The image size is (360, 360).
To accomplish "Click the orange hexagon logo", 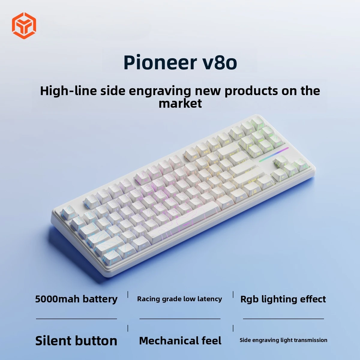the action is click(24, 25).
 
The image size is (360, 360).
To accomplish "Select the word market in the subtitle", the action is click(180, 103).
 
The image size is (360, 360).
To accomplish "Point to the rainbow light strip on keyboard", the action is click(274, 154).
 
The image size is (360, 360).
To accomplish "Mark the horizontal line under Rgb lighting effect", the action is click(283, 319).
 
